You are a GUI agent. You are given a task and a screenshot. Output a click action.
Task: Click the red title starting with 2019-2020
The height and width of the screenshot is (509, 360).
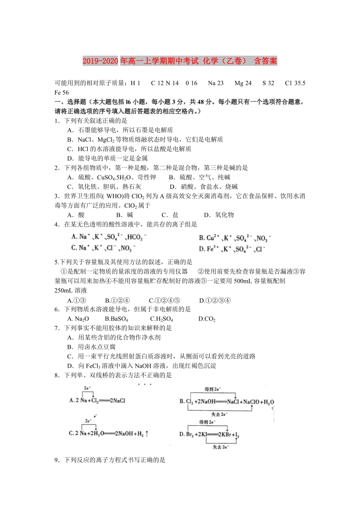tap(180, 61)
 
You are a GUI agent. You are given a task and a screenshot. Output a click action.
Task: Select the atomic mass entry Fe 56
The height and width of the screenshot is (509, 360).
tap(62, 92)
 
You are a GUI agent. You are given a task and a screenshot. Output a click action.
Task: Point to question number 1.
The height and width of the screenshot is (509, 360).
tap(57, 121)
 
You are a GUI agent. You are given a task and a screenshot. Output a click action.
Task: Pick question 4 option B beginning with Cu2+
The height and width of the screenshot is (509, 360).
tap(234, 238)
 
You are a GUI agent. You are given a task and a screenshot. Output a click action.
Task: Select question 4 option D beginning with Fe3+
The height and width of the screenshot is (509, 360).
tap(232, 249)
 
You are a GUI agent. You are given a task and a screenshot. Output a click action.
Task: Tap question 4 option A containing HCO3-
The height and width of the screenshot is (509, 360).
tap(108, 237)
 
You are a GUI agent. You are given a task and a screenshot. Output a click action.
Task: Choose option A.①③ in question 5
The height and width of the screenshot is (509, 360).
tap(76, 300)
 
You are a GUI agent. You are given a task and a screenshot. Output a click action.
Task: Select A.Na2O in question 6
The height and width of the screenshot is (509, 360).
tap(78, 319)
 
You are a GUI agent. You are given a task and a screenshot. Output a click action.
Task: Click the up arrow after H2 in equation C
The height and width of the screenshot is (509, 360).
tap(147, 433)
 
